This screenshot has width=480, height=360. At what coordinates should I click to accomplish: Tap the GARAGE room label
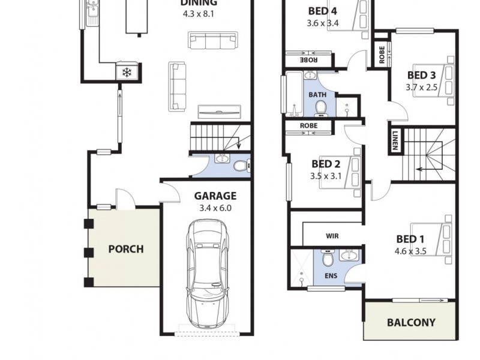[215, 196]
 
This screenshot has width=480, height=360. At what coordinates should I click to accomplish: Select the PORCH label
[125, 248]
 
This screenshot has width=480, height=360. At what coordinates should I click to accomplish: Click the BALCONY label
[411, 322]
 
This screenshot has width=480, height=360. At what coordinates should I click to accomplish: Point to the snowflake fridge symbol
[127, 73]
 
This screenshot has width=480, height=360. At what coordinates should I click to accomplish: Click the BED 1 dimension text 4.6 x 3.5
[410, 251]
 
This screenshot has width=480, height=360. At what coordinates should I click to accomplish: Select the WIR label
[332, 236]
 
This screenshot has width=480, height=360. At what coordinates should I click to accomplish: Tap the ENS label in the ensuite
[331, 277]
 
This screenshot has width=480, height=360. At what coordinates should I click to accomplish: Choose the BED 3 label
[421, 75]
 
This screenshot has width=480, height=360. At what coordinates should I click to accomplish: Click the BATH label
[317, 95]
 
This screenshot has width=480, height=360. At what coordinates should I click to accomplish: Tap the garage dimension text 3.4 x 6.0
[215, 208]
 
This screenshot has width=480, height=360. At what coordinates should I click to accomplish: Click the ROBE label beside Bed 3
[382, 56]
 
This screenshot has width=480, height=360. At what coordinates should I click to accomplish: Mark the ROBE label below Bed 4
[308, 60]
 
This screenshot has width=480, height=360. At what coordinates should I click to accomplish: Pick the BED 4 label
[322, 11]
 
